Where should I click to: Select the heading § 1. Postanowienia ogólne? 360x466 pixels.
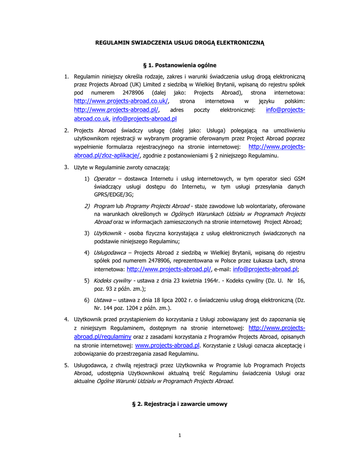point(180,65)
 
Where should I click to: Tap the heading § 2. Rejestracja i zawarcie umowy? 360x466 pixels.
point(179,404)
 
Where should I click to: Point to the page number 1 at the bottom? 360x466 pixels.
point(180,436)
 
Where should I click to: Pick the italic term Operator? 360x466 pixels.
point(104,179)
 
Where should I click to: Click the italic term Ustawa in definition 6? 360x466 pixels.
point(102,300)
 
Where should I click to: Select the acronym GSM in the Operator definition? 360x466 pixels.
point(299,179)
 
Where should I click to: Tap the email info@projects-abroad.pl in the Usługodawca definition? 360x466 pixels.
point(265,269)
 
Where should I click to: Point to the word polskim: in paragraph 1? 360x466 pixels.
point(294,101)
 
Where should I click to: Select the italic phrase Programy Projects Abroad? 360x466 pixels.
point(155,206)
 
